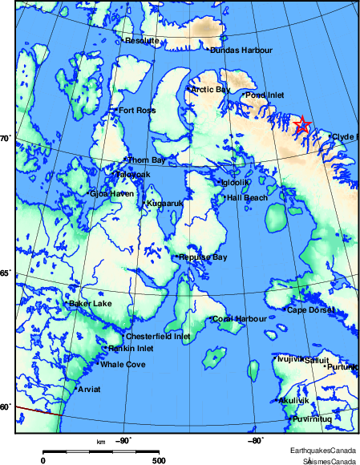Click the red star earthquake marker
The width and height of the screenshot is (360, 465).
302,124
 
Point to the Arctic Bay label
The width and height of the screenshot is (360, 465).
210,90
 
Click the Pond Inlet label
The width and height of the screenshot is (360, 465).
265,95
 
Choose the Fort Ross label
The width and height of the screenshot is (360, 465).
136,111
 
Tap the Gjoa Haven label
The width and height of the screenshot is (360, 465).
111,193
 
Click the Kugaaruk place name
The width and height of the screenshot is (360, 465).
164,204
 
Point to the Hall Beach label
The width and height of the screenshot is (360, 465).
247,197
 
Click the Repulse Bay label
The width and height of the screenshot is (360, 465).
204,257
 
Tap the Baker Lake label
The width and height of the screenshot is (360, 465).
91,304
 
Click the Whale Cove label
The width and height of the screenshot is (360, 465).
123,365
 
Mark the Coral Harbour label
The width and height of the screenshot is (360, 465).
240,319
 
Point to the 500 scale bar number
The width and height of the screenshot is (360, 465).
159,460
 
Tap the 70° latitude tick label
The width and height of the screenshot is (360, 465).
4,139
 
